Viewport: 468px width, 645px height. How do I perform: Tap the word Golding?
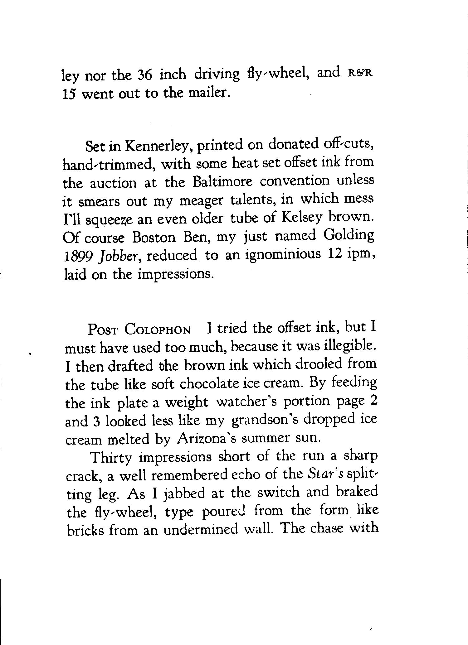349,236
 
